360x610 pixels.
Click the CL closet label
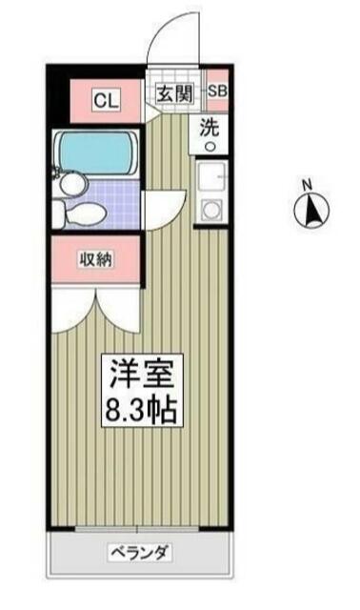click(106, 101)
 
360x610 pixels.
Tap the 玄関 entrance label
click(174, 93)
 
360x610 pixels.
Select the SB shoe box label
click(217, 91)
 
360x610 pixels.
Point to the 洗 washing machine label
click(210, 127)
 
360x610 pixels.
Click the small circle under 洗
click(210, 146)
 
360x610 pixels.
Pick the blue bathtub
click(96, 152)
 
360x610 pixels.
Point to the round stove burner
click(211, 210)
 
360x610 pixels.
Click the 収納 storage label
click(96, 259)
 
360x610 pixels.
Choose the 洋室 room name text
click(141, 373)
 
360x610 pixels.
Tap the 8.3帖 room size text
click(142, 409)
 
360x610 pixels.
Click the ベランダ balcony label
click(140, 552)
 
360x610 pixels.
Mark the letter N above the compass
click(308, 185)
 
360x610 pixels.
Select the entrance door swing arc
click(165, 27)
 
